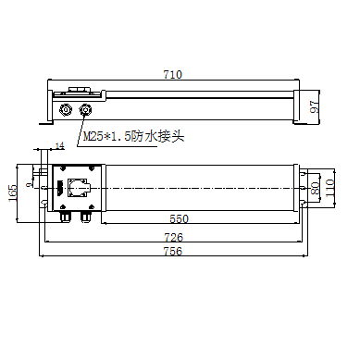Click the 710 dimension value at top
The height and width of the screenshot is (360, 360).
(x=171, y=73)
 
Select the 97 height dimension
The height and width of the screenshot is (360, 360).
(x=314, y=106)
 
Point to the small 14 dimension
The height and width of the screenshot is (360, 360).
(x=60, y=146)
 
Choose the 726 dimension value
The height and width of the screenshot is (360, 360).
(x=173, y=238)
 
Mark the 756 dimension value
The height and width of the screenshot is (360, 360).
(x=173, y=252)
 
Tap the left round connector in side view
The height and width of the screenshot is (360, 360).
(x=67, y=110)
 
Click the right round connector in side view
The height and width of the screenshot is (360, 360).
(x=86, y=110)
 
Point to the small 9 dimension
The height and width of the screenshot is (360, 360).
(x=30, y=184)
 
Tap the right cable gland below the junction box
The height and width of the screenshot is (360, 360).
(x=86, y=217)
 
